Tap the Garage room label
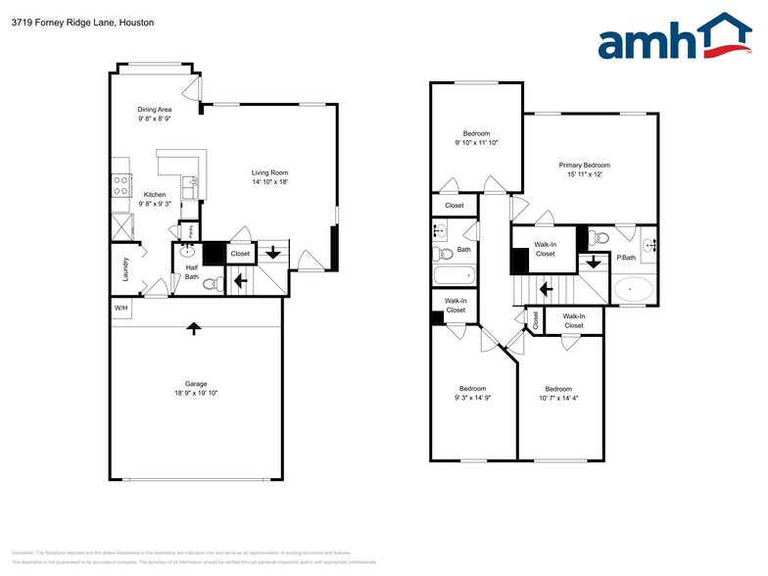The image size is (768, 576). pos(196,383)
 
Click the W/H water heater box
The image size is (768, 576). pos(120,309)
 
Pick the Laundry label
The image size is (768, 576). pos(125,269)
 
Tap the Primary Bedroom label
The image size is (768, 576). pos(585,165)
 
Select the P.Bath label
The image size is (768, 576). pos(627,258)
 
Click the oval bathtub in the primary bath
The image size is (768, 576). pos(635,290)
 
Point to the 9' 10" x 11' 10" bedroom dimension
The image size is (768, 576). pos(477,143)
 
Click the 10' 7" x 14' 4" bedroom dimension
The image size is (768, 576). pos(558,398)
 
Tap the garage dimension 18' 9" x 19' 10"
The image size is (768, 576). pos(196,393)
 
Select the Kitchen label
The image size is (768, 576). pos(155,194)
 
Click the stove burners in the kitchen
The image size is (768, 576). pos(122,184)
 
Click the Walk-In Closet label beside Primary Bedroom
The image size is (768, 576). pos(546,249)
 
